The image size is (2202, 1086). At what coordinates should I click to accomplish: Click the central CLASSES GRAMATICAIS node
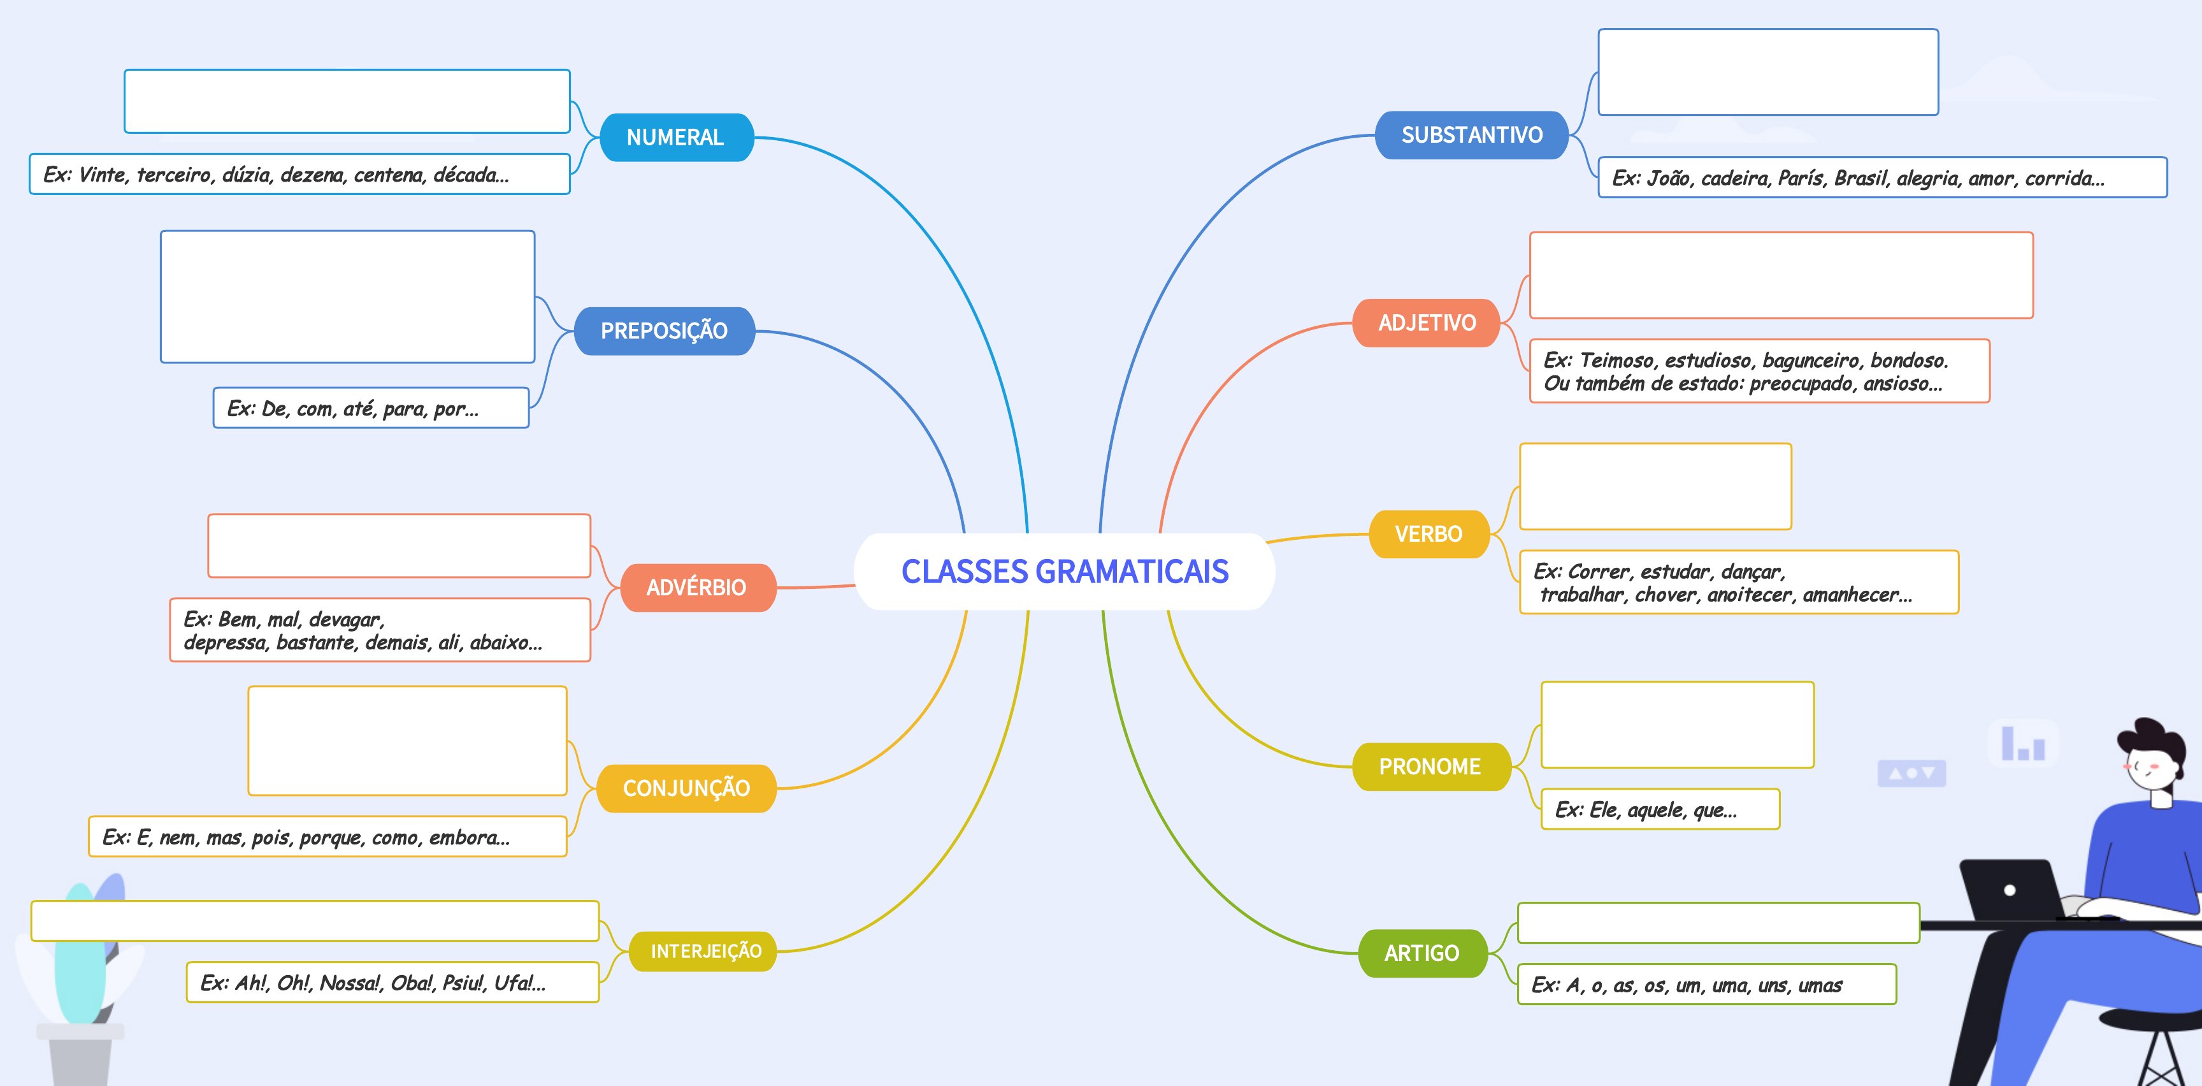tap(1064, 571)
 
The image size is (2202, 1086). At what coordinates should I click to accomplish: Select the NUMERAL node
tap(675, 137)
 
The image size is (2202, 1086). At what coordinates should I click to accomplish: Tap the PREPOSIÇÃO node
tap(663, 331)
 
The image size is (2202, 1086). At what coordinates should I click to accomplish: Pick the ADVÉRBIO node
tap(696, 588)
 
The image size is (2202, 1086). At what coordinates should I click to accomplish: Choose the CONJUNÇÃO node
tap(686, 788)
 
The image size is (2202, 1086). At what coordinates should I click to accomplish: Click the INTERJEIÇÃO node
tap(705, 951)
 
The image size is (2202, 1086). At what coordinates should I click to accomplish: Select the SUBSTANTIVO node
tap(1471, 135)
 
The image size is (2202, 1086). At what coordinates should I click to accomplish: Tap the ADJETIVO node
tap(1427, 322)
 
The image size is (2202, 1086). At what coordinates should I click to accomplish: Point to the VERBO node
tap(1428, 533)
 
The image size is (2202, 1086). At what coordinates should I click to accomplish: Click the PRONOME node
tap(1429, 766)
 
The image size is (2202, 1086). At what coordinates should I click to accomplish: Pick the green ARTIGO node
tap(1421, 953)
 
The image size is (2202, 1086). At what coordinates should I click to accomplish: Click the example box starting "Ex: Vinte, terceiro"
tap(299, 175)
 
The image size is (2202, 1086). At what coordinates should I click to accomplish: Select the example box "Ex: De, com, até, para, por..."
tap(370, 408)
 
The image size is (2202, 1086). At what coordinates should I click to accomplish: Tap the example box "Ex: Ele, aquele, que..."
tap(1659, 809)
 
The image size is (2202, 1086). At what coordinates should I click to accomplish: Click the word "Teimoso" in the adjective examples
tap(1616, 360)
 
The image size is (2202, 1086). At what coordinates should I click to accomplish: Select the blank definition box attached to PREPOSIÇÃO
tap(347, 297)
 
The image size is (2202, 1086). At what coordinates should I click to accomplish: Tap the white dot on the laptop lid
tap(2010, 890)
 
